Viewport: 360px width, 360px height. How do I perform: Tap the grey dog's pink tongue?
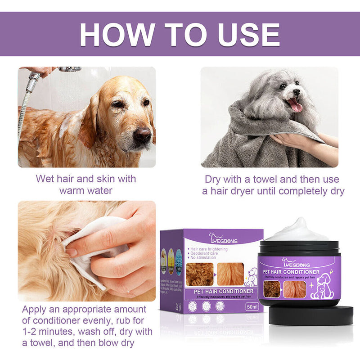point(296,105)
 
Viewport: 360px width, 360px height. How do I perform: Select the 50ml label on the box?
point(252,307)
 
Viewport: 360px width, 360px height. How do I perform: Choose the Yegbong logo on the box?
point(220,237)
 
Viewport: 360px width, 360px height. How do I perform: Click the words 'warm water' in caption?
point(85,190)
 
